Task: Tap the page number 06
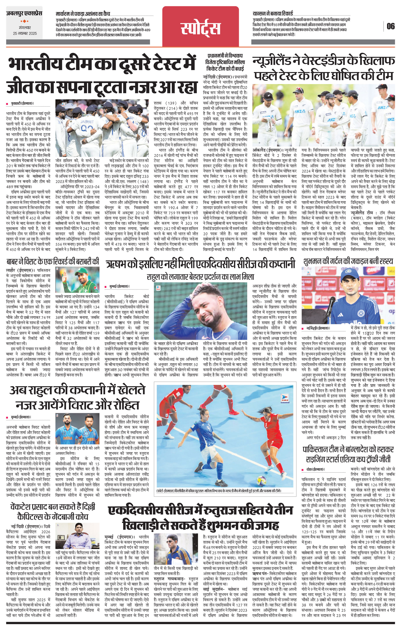391,26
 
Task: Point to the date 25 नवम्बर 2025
25,33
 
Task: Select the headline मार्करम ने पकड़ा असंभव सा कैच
83,14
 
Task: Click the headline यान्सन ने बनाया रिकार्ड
273,13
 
